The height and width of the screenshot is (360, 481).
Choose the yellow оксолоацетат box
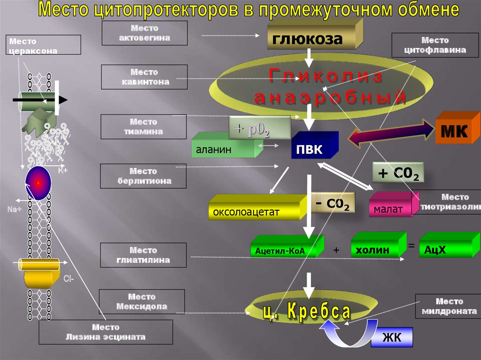coord(254,211)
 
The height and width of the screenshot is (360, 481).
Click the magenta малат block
coord(389,208)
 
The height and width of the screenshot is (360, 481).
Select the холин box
coord(372,250)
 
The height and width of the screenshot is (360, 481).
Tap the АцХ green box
coord(442,250)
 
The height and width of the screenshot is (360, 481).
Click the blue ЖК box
coord(392,337)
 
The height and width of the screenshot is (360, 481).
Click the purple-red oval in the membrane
coord(38,182)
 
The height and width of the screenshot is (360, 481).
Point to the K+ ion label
coord(62,171)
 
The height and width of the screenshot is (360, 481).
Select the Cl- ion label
coord(68,278)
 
